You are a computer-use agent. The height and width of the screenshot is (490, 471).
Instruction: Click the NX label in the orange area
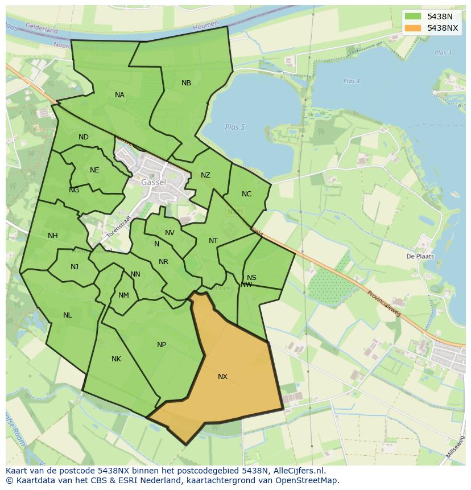coord(222,377)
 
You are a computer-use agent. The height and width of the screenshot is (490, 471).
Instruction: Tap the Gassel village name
coord(154,183)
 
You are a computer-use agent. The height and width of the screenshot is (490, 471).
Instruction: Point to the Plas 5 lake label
coord(234,127)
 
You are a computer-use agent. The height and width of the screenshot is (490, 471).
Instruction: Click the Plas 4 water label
coord(352,81)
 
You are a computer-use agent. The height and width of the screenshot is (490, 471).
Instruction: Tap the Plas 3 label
coord(443,53)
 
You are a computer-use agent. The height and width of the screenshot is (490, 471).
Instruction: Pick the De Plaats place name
coord(420,256)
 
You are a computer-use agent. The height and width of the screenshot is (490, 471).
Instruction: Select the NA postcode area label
coord(119,95)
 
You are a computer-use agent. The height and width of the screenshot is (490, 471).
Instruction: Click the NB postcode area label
coord(186,83)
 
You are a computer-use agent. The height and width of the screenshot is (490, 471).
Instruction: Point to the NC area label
coord(246,194)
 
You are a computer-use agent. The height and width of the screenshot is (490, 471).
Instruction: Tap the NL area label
coord(68,315)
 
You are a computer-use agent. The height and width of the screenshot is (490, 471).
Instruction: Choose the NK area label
coord(116,359)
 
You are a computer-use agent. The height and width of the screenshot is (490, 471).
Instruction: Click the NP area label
coord(162,345)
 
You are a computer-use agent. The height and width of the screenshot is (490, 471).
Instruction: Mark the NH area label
coord(53,236)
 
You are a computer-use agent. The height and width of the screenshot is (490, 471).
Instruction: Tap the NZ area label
coord(205,175)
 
